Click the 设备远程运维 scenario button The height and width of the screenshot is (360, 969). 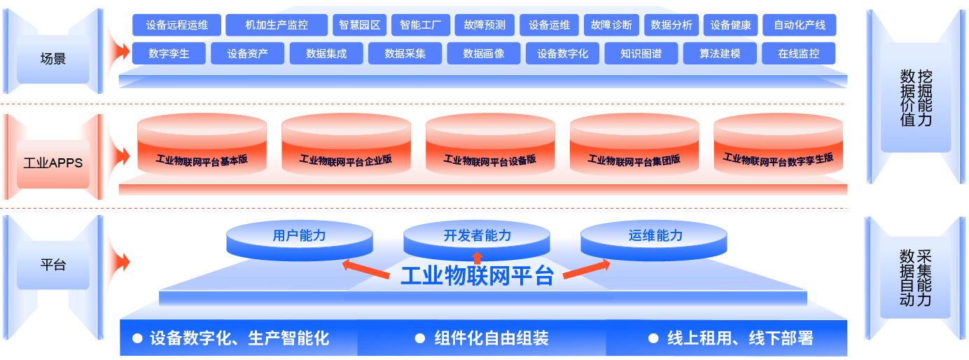[x=176, y=25]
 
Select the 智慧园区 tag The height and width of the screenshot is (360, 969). [x=359, y=25]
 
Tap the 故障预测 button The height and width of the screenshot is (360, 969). [x=484, y=25]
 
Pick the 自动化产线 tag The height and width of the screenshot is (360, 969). [x=799, y=25]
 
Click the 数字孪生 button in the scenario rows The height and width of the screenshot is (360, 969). [x=169, y=54]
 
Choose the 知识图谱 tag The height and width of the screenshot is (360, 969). [x=641, y=54]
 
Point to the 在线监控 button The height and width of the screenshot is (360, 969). [x=799, y=54]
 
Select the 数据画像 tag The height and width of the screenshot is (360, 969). [x=484, y=54]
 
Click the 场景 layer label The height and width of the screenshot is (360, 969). [x=53, y=58]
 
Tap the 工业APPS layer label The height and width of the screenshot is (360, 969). [x=53, y=163]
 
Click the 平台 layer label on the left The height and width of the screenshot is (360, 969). [x=53, y=264]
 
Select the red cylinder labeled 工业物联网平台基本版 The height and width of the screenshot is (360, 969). [x=202, y=144]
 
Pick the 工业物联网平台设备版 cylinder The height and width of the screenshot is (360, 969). [x=490, y=144]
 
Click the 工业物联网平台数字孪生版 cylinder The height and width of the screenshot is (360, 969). [x=779, y=144]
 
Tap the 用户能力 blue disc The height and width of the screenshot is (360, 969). [x=300, y=240]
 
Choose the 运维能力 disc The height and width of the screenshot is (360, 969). [x=654, y=240]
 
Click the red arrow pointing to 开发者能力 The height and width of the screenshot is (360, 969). [x=477, y=258]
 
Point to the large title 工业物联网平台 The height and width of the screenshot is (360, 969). [x=477, y=276]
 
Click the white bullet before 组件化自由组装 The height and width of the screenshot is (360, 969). [x=419, y=338]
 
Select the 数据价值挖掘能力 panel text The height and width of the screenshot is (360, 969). [x=916, y=98]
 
